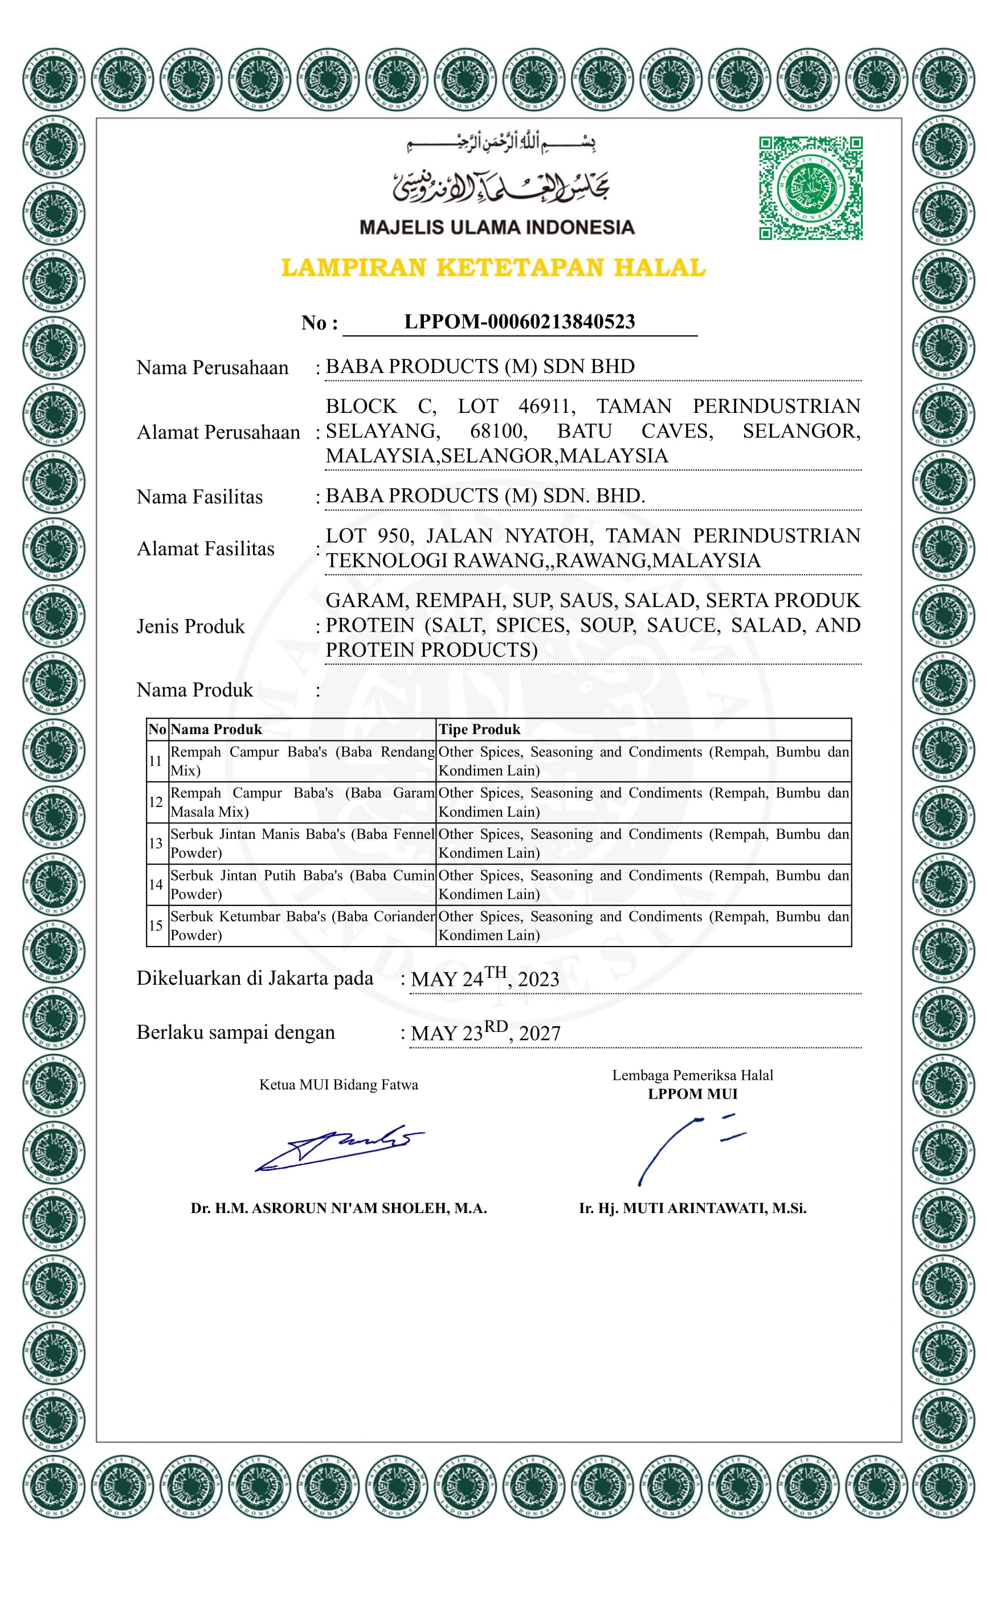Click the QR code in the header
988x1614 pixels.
(x=810, y=188)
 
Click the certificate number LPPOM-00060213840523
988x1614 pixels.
(x=519, y=322)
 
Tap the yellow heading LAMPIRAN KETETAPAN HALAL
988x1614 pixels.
(x=493, y=267)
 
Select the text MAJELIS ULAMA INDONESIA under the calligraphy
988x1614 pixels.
(x=497, y=227)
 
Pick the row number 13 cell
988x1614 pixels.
(x=156, y=843)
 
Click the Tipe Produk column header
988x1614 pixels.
(x=479, y=729)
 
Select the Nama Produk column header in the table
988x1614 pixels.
(x=215, y=729)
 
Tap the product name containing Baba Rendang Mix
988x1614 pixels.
(x=301, y=760)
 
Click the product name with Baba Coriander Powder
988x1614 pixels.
(x=301, y=925)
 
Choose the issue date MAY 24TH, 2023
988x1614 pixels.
(x=485, y=978)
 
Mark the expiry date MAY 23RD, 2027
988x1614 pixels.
(x=485, y=1033)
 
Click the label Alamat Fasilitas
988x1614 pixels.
(x=205, y=548)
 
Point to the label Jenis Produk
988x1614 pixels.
(x=190, y=626)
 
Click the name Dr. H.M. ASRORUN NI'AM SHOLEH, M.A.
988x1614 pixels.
(x=338, y=1208)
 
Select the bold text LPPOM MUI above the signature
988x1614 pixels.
(x=692, y=1094)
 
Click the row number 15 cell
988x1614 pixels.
(x=156, y=925)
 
